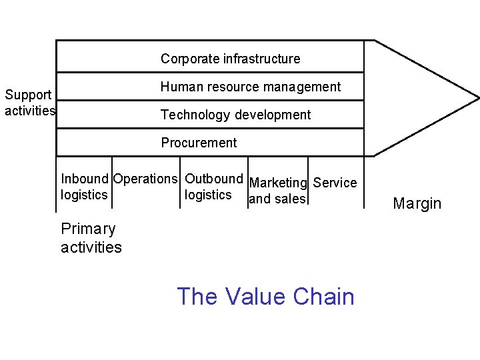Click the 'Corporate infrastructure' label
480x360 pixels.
(230, 59)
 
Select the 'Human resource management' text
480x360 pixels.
(250, 87)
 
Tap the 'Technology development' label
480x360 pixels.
(235, 115)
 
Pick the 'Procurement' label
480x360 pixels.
(199, 143)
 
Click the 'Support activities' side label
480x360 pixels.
(29, 103)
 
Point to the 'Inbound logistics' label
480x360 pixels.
(84, 187)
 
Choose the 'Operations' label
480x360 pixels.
(145, 179)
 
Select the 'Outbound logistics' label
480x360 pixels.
(213, 187)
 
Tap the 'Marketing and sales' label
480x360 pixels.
(278, 191)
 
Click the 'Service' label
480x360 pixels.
(335, 183)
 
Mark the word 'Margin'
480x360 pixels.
(417, 203)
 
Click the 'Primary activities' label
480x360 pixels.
(91, 238)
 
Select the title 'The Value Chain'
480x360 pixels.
(265, 296)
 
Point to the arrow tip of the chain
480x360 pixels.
(477, 99)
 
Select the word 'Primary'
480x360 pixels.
(88, 229)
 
